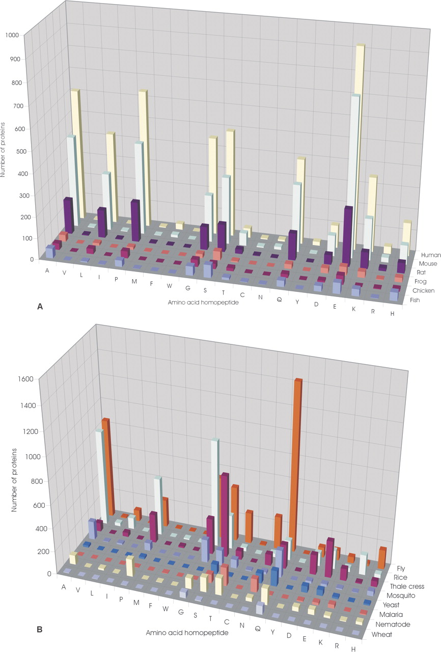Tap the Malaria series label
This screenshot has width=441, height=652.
coord(401,614)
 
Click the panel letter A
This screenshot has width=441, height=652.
coord(40,307)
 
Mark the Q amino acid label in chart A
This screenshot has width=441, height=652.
coord(279,300)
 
